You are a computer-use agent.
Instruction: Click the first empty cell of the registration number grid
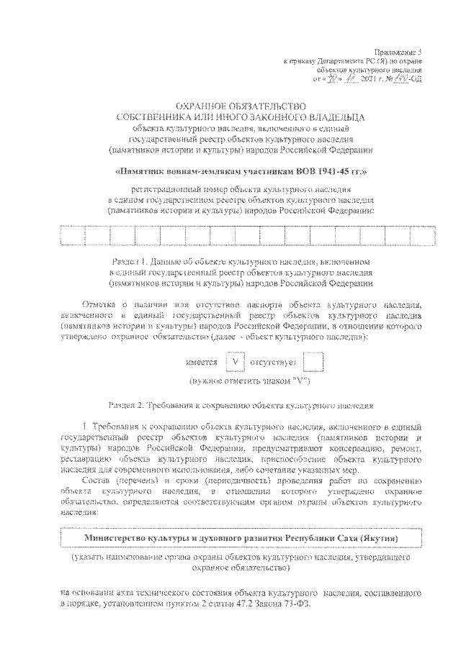73,236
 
